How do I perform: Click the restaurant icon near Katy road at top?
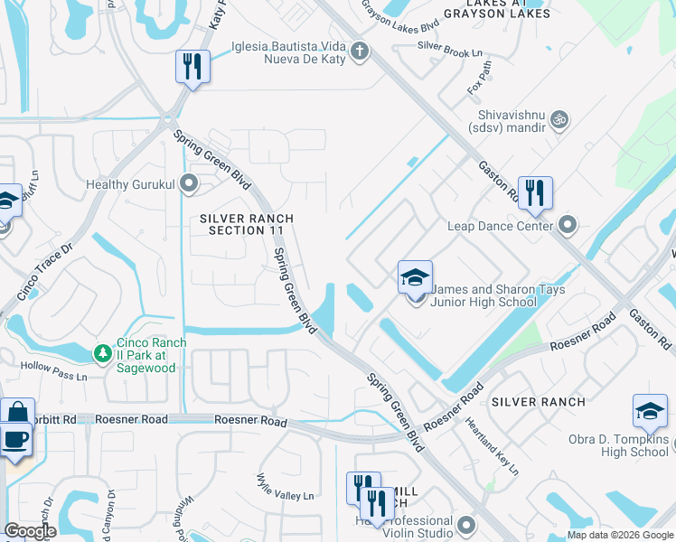[x=192, y=67]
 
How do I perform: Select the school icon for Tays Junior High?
[x=415, y=277]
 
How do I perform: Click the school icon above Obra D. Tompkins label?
[x=650, y=411]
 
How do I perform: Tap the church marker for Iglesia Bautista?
[x=360, y=51]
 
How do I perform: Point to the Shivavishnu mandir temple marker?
[x=559, y=118]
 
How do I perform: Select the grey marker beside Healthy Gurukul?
[x=188, y=184]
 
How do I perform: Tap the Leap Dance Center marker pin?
[x=568, y=223]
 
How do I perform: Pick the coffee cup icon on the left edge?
[x=16, y=440]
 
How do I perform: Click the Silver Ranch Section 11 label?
[x=247, y=225]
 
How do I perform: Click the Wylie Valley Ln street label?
[x=285, y=489]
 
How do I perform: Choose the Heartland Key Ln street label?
[x=493, y=445]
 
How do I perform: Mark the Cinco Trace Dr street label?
[x=42, y=270]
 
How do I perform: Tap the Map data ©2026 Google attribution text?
[x=619, y=535]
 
